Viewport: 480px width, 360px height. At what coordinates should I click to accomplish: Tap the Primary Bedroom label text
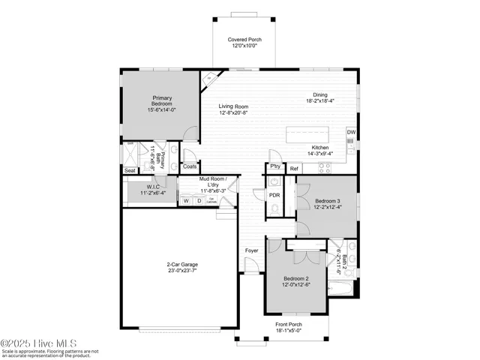click(x=163, y=101)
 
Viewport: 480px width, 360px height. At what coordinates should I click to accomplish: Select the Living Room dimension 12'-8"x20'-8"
click(x=233, y=114)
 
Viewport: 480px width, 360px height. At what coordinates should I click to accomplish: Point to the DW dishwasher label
click(x=351, y=133)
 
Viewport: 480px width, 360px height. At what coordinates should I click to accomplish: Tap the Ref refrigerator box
click(x=294, y=169)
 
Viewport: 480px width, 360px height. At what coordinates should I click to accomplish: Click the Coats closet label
click(x=190, y=166)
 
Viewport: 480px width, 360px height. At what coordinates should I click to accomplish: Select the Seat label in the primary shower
click(x=130, y=170)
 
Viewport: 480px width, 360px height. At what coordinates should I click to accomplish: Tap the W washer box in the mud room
click(x=185, y=200)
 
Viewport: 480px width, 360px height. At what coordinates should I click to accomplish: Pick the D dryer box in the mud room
click(x=198, y=200)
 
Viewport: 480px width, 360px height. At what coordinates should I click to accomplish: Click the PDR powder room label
click(x=274, y=195)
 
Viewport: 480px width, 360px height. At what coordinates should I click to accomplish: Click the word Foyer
click(x=251, y=250)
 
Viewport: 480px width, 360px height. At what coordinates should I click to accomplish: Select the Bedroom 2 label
click(x=295, y=278)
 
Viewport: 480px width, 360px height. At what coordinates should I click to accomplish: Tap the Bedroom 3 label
click(x=327, y=202)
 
